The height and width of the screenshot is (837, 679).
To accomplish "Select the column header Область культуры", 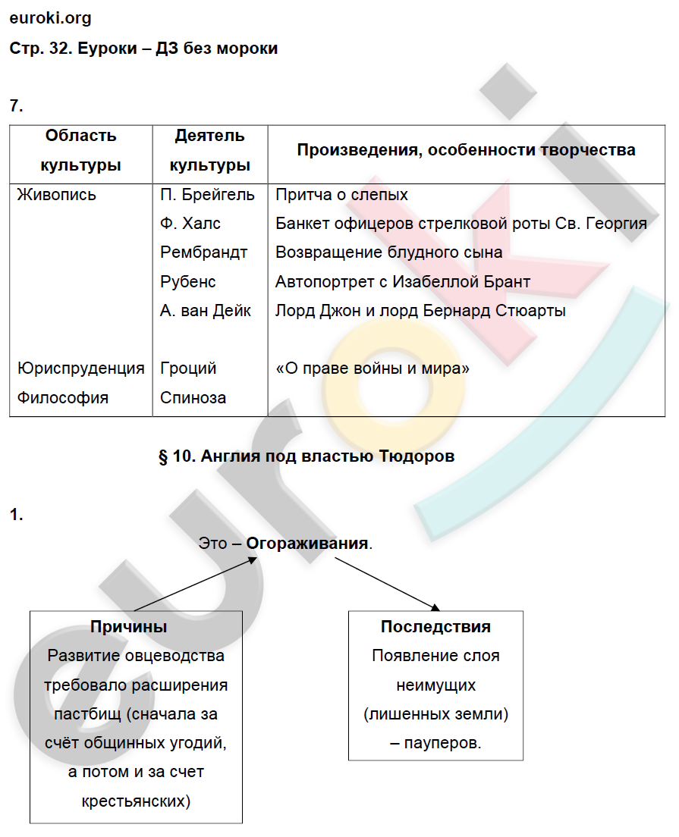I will click(x=80, y=150).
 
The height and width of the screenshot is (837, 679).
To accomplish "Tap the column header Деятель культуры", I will click(x=209, y=150).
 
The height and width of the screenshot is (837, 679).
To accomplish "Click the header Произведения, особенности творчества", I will click(x=466, y=150).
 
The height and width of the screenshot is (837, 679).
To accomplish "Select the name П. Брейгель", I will click(x=207, y=195).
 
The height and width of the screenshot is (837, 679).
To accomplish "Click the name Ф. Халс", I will click(x=190, y=224).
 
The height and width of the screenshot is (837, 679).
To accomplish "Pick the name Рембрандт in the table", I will click(x=204, y=252).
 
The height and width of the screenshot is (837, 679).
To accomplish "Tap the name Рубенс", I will click(x=188, y=282).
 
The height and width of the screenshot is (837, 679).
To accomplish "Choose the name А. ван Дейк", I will click(x=206, y=311).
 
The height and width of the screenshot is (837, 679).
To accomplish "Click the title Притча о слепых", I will click(x=341, y=195).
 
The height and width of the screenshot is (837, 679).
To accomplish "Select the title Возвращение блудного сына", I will click(x=388, y=252).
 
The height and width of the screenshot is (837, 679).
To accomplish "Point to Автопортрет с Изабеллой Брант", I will click(x=403, y=282).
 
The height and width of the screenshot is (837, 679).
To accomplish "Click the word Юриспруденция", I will click(x=80, y=368).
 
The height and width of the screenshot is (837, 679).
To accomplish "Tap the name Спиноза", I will click(x=193, y=398).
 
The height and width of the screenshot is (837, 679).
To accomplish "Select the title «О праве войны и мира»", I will click(x=373, y=368).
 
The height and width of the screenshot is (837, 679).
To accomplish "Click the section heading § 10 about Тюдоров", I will click(x=306, y=456).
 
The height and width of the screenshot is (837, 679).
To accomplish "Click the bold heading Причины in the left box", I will click(x=128, y=627).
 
